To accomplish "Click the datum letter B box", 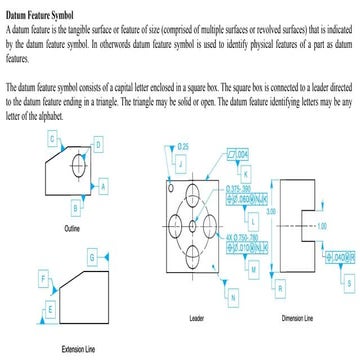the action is [76, 207].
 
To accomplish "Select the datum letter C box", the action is [51, 141].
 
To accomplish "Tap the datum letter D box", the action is [99, 145].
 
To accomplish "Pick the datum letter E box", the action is [50, 311].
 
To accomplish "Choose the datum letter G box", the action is [92, 258].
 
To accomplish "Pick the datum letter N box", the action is [233, 297].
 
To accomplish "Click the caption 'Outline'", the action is [71, 229].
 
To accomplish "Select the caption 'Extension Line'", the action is [77, 348].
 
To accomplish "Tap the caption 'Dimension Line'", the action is [299, 319].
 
